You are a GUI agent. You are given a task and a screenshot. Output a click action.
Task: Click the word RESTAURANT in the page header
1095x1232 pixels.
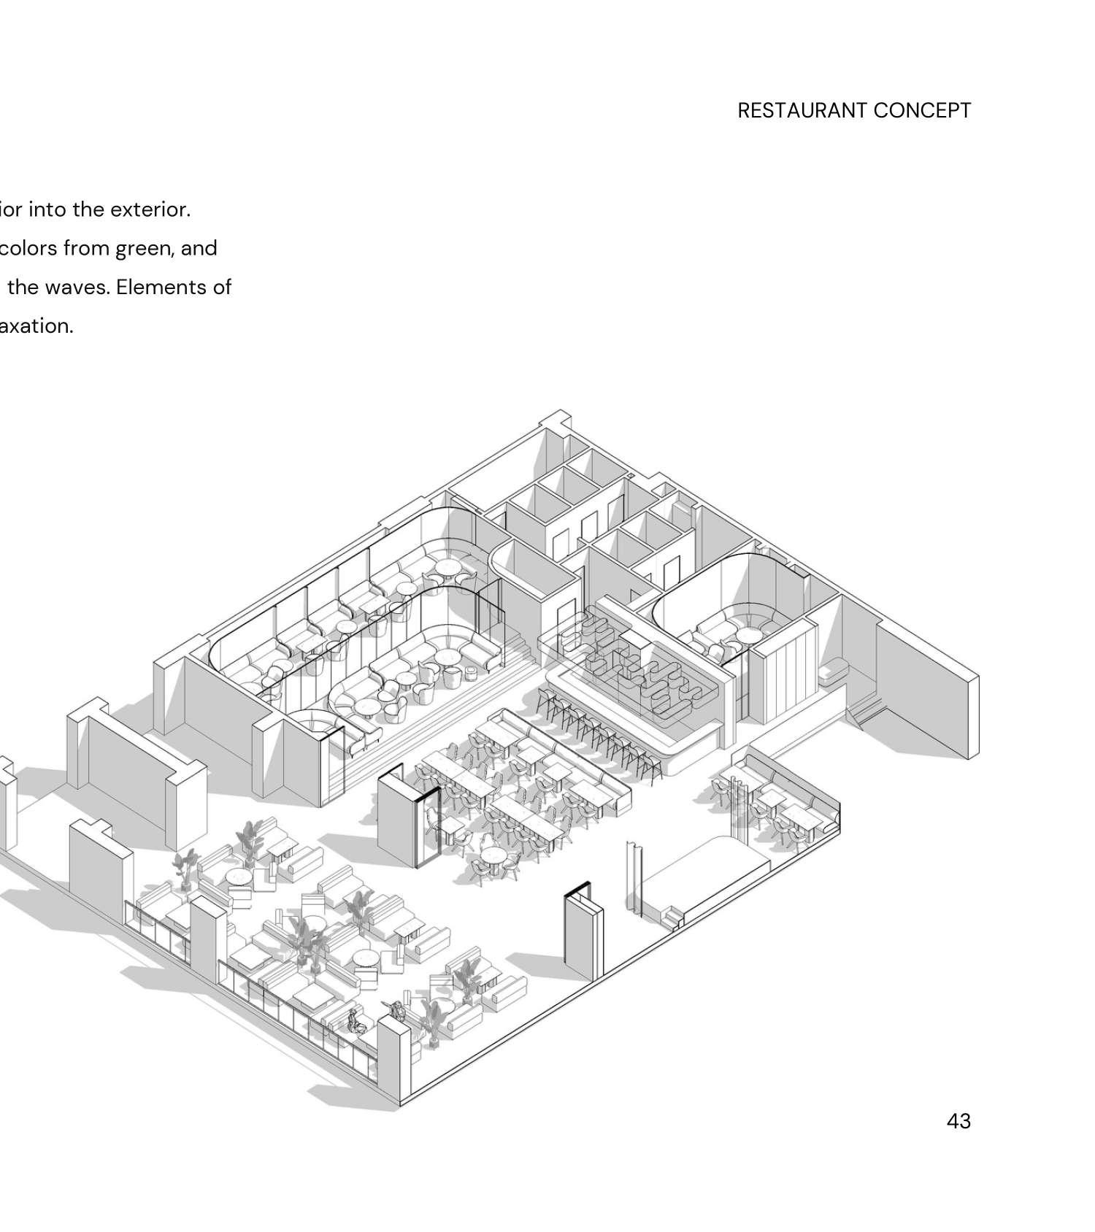[802, 111]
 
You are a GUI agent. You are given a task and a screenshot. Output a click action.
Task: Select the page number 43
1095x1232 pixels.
[958, 1121]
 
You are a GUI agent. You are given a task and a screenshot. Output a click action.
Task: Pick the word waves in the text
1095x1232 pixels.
[80, 288]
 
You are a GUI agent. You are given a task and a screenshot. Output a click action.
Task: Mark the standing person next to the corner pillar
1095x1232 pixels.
[398, 1010]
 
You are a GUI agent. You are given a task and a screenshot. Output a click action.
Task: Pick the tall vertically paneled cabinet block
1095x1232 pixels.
[783, 675]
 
